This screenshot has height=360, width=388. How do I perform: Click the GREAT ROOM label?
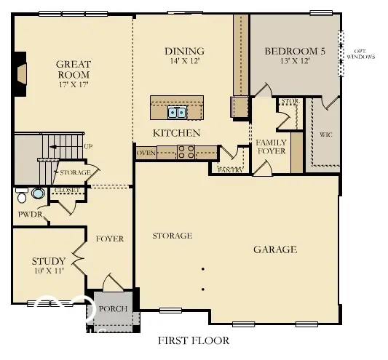tap(73, 69)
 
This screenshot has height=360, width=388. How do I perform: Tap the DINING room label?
tap(184, 51)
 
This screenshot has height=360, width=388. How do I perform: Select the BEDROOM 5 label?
tap(295, 51)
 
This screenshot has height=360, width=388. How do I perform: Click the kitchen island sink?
tap(176, 111)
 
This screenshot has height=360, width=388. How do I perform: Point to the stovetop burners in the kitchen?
tap(186, 152)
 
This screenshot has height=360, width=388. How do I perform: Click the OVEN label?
tap(146, 153)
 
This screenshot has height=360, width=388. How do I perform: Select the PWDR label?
tap(30, 215)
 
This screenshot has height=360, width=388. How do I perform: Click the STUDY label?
tap(49, 261)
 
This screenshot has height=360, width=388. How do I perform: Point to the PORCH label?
tap(114, 309)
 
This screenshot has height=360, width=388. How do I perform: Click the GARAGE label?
tap(274, 249)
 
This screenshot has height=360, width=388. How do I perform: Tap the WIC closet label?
tap(326, 135)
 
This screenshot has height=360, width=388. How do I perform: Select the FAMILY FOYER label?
tap(270, 146)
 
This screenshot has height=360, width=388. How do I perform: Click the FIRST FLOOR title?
tap(194, 340)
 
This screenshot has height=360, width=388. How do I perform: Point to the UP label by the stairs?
tap(88, 147)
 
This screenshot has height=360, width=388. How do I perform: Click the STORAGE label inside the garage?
tap(172, 236)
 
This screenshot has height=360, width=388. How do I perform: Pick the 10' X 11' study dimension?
tap(50, 271)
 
